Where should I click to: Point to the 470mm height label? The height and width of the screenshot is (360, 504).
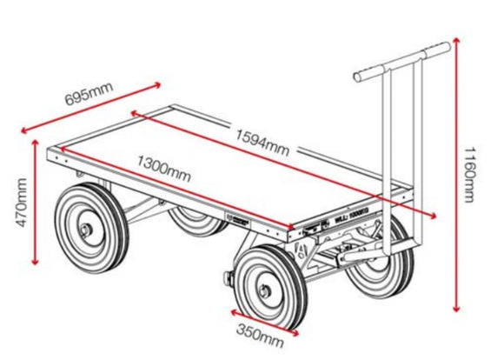22,202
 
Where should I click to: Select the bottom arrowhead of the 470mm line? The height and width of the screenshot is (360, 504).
35,264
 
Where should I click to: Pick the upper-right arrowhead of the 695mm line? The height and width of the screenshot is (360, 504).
159,83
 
